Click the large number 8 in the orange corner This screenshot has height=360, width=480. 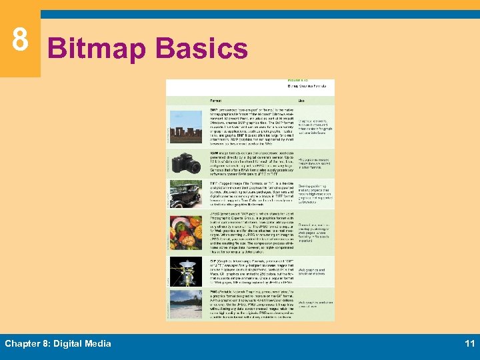tap(20, 39)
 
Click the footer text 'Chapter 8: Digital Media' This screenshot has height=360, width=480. tap(58, 343)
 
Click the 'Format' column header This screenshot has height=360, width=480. tap(197, 101)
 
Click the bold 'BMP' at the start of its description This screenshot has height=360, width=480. tap(194, 108)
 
